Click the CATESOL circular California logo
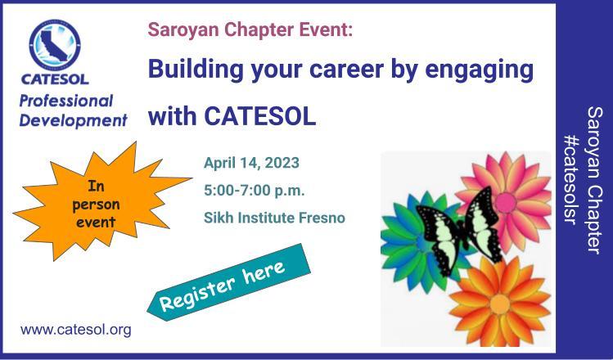pyautogui.click(x=55, y=45)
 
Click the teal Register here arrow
pyautogui.click(x=228, y=282)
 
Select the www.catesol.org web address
pyautogui.click(x=76, y=330)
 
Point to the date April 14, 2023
pyautogui.click(x=251, y=163)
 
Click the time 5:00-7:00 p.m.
pyautogui.click(x=254, y=191)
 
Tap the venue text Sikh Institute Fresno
pyautogui.click(x=274, y=218)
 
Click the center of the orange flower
pyautogui.click(x=499, y=304)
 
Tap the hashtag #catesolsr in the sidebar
pyautogui.click(x=570, y=180)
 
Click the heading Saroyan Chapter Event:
pyautogui.click(x=250, y=29)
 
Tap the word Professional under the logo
pyautogui.click(x=66, y=101)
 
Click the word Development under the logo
pyautogui.click(x=74, y=120)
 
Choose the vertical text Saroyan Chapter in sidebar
pyautogui.click(x=595, y=180)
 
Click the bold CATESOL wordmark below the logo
pyautogui.click(x=55, y=79)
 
